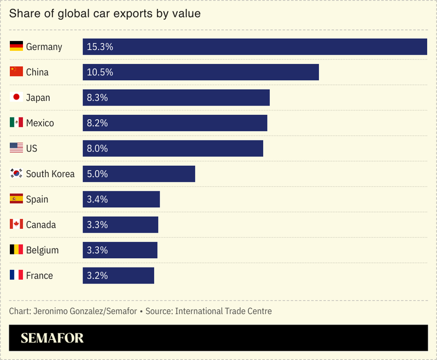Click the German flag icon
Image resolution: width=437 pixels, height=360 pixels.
(x=16, y=47)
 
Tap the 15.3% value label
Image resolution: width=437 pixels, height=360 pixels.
(x=100, y=47)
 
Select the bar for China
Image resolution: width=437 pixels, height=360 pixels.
(x=201, y=72)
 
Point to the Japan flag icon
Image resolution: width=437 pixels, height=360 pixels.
(x=16, y=97)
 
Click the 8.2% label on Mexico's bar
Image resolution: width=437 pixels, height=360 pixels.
(x=97, y=123)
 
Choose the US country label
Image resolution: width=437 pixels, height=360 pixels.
(x=32, y=148)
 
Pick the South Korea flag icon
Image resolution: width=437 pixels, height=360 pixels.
(x=16, y=173)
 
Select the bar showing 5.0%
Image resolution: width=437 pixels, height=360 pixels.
(x=139, y=174)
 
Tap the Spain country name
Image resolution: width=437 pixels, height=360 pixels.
(x=37, y=199)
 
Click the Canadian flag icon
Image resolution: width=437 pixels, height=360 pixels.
(x=16, y=224)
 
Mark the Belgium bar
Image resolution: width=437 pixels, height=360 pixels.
(x=120, y=250)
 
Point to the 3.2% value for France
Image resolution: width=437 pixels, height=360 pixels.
(x=97, y=276)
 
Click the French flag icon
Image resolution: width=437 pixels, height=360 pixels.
(x=16, y=275)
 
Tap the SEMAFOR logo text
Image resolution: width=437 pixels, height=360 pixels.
(x=53, y=338)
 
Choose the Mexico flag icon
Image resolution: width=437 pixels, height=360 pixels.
(x=16, y=123)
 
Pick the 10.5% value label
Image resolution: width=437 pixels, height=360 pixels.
(x=100, y=72)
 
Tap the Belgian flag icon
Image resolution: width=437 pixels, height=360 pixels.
(x=16, y=250)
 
